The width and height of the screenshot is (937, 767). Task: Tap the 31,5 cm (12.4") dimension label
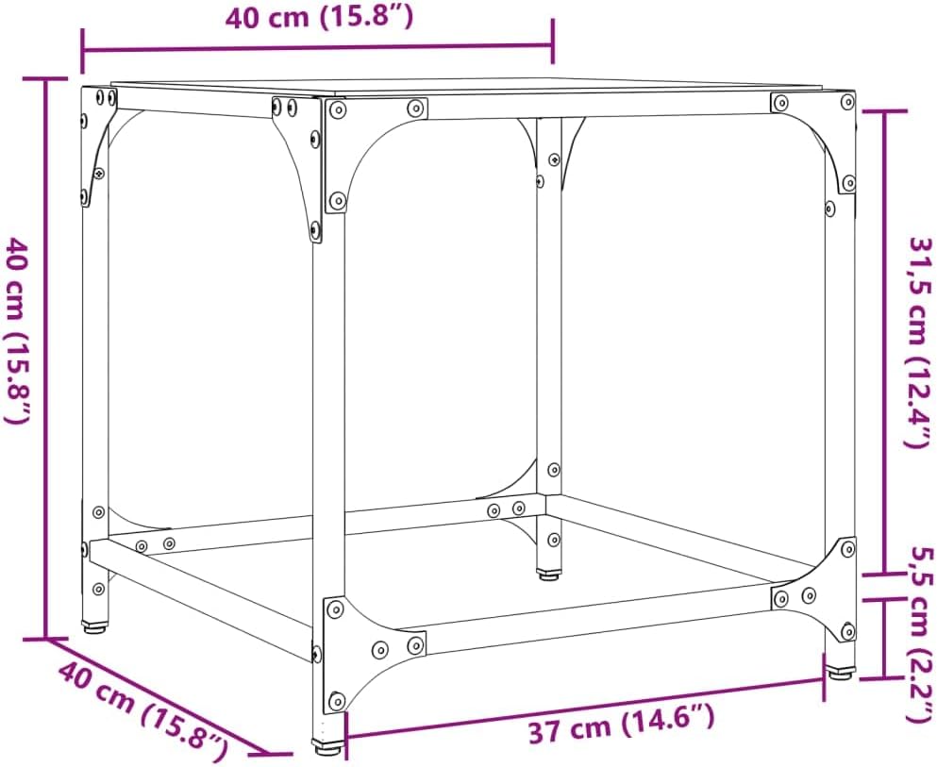coord(920,342)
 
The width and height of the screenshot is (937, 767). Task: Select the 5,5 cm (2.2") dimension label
coord(920,634)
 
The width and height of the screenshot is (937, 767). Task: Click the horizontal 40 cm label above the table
coord(319,17)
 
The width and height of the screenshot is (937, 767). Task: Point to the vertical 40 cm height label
coord(17,330)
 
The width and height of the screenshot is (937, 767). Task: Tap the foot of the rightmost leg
coord(839,674)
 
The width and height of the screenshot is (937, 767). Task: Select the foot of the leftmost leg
coord(95,627)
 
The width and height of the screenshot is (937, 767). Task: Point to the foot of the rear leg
coord(548,575)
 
